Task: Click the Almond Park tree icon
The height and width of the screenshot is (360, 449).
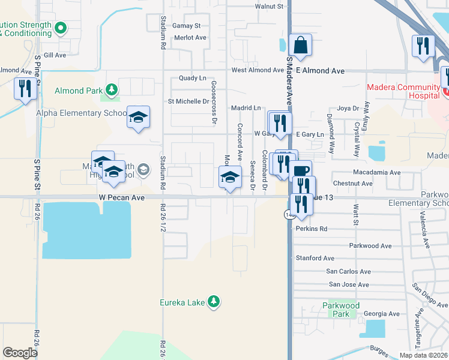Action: point(111,90)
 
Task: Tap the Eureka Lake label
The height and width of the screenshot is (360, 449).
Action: point(183,302)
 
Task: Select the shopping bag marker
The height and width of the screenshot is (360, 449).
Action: point(300,45)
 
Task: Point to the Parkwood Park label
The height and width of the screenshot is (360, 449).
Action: point(340,310)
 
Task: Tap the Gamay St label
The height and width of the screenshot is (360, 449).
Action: point(186,26)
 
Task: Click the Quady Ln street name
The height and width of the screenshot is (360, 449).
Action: point(192,79)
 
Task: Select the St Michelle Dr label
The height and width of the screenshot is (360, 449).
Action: point(188,101)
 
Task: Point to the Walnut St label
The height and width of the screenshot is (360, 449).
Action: point(268,6)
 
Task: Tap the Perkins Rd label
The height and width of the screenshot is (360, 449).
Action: point(312,229)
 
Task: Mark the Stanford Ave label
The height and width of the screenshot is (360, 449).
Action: point(315,258)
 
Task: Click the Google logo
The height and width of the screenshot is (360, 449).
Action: point(20,353)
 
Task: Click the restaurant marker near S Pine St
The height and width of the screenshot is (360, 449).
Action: point(25,89)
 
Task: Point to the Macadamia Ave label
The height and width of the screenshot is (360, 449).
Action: point(376,172)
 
